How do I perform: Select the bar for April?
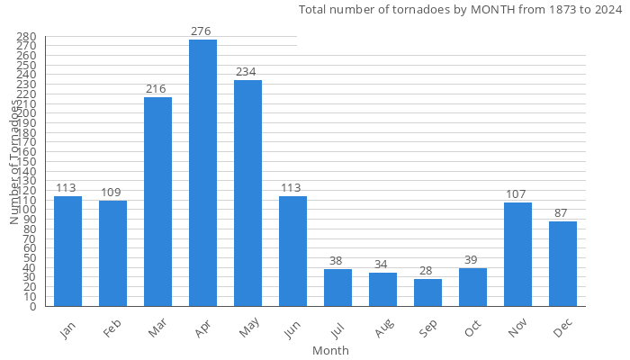[202, 173]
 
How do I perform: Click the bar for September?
[427, 292]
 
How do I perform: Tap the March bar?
[157, 202]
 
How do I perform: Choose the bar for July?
[337, 288]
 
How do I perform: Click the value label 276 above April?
[202, 31]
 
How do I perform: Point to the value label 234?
[247, 72]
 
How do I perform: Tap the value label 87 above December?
[562, 213]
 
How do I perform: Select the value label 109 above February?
[112, 193]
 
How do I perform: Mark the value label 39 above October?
[472, 260]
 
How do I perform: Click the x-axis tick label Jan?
[67, 331]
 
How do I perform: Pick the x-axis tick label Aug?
[382, 331]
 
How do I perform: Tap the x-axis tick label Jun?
[292, 331]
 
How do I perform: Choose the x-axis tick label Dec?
[562, 331]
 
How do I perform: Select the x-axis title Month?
[330, 351]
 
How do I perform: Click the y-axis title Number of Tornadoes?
[14, 162]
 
